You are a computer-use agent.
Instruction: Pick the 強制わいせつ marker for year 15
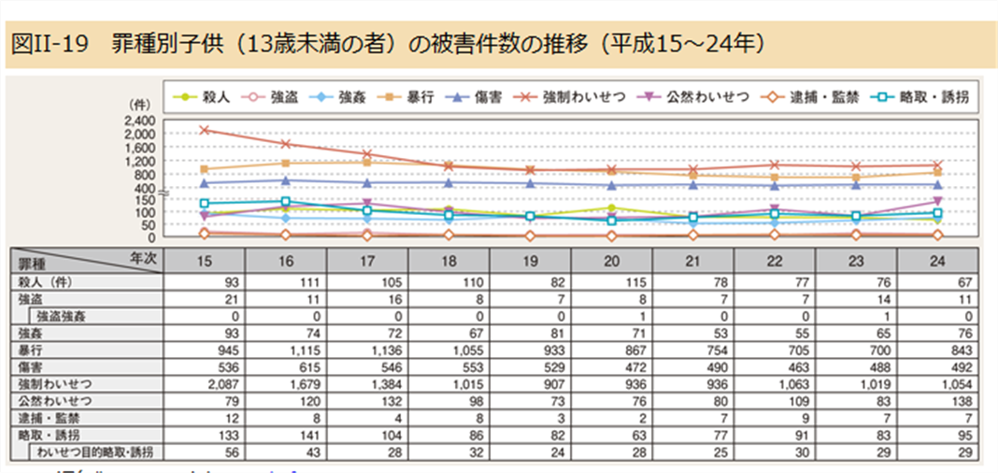point(206,130)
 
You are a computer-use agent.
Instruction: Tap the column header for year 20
point(612,262)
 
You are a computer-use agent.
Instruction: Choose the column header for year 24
point(938,262)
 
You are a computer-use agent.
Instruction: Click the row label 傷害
point(31,366)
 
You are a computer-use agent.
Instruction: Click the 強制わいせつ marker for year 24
point(937,165)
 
